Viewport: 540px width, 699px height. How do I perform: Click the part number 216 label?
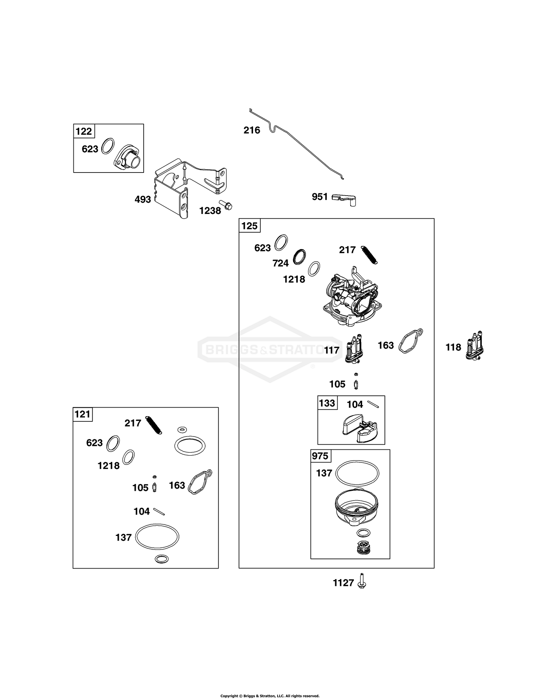click(x=252, y=130)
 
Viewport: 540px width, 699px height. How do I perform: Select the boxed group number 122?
click(x=84, y=131)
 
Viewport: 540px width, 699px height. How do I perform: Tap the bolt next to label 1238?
click(x=226, y=205)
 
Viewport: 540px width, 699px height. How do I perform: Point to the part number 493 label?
click(x=143, y=199)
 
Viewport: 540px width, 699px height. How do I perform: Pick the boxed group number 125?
click(x=249, y=226)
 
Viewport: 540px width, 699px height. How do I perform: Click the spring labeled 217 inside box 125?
click(x=369, y=255)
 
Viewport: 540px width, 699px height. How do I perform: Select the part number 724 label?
click(x=280, y=263)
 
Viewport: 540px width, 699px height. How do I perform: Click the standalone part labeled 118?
click(x=475, y=347)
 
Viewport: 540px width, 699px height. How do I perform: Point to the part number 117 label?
click(x=332, y=350)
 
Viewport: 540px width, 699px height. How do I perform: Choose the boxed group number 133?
click(x=327, y=403)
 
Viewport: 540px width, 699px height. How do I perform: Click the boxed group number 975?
click(x=320, y=456)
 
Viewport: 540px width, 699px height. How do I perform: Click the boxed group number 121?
click(x=82, y=414)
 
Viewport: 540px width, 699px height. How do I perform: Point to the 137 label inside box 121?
click(x=123, y=537)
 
